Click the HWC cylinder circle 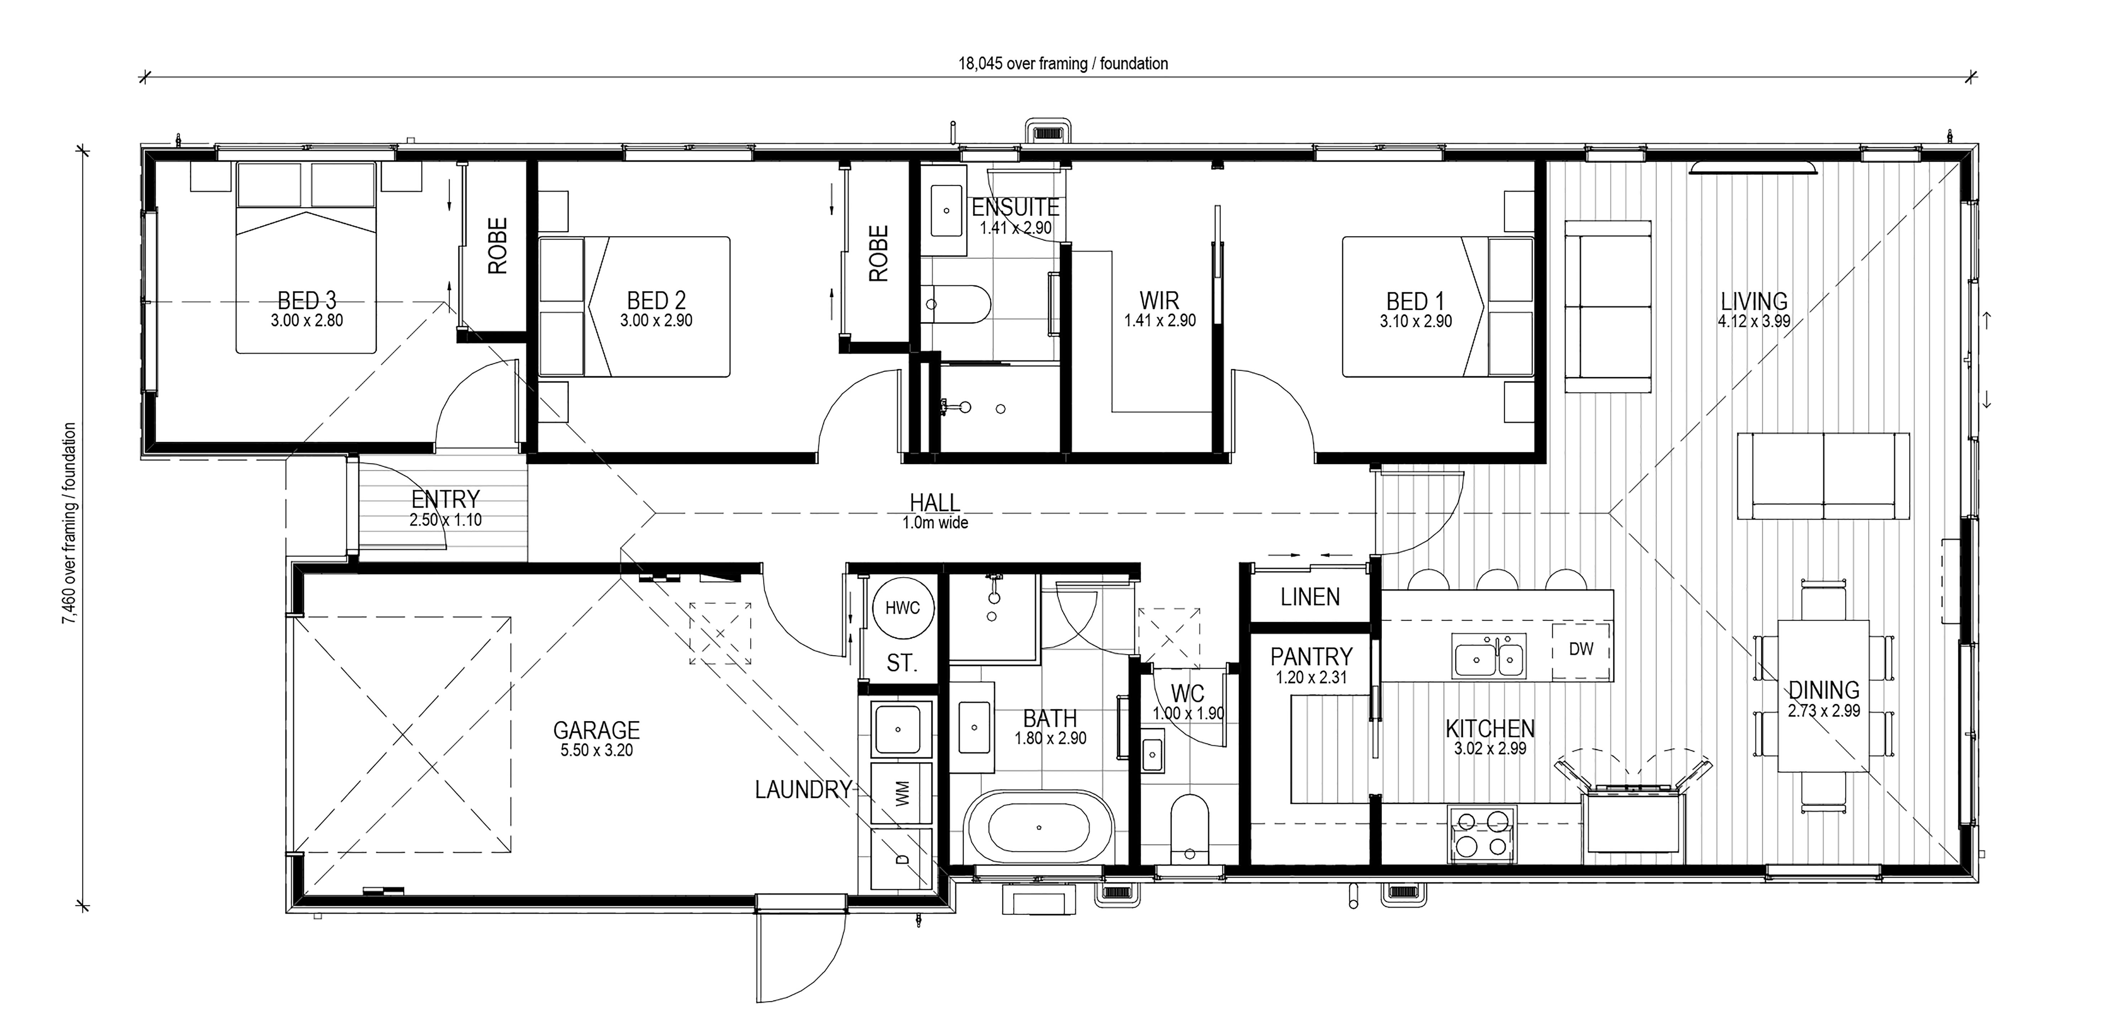click(x=902, y=608)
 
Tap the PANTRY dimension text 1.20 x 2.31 click(x=1311, y=678)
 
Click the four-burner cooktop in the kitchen click(x=1482, y=833)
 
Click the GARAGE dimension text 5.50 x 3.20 click(x=597, y=750)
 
